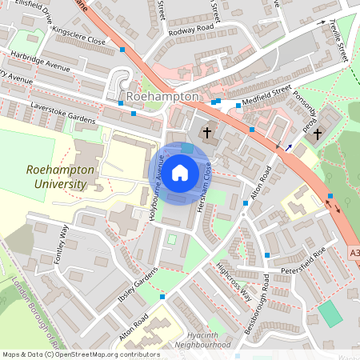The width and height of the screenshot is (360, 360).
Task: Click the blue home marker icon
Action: click(180, 172)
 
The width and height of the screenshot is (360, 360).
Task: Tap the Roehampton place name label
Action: click(162, 96)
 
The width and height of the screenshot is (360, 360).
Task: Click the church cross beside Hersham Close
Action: click(207, 131)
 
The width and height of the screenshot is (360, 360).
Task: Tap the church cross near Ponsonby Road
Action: click(318, 134)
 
